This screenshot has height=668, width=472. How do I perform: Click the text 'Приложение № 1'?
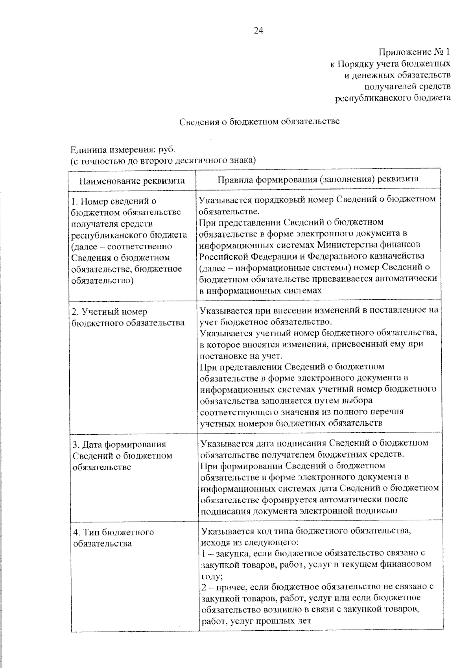pos(414,52)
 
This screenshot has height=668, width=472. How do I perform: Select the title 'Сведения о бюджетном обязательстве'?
pos(260,122)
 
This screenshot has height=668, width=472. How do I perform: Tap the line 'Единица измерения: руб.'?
pos(122,149)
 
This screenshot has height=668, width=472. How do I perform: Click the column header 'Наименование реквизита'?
pos(132,181)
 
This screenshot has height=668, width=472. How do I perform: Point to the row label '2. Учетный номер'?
pos(109,312)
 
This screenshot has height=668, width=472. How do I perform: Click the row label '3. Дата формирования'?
pos(119,444)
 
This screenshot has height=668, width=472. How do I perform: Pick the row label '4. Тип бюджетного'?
pos(113,532)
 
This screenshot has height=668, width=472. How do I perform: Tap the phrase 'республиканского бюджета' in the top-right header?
pos(393,98)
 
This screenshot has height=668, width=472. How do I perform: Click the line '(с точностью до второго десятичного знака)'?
pos(163,161)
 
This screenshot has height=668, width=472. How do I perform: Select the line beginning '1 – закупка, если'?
pos(313,553)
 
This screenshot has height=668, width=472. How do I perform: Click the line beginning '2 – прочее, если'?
pos(317,587)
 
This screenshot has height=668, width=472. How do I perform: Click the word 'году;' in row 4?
pos(212,576)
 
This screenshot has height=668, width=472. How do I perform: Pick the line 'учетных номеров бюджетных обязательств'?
pos(291,423)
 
